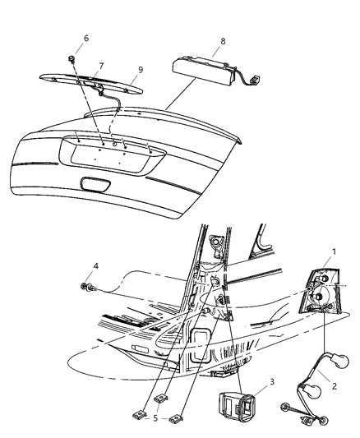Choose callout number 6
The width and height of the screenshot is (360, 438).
point(85,38)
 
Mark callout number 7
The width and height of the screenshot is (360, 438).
point(100,66)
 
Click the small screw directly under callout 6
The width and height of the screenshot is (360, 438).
point(75,60)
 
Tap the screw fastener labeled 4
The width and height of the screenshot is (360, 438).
point(88,287)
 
